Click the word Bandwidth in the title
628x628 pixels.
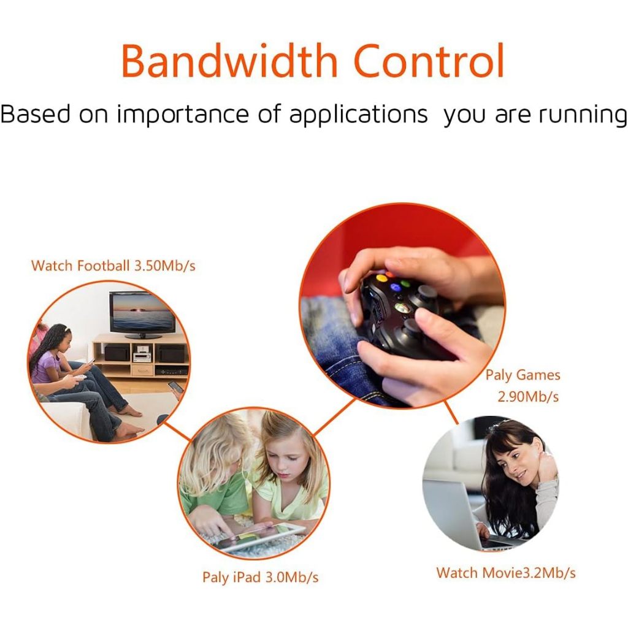point(229,61)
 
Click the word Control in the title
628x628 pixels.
point(429,61)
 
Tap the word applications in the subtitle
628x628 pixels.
point(358,115)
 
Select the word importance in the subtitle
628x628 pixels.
point(183,115)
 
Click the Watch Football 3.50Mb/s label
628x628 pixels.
point(113,266)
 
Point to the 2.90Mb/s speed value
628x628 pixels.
point(528,397)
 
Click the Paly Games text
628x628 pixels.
point(523,375)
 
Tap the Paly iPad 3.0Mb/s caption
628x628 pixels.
point(260,577)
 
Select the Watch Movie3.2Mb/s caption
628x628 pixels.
point(506,573)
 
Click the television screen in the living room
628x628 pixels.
point(142,312)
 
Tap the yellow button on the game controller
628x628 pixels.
point(382,278)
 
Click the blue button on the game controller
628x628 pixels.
point(396,287)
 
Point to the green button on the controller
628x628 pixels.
point(405,284)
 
